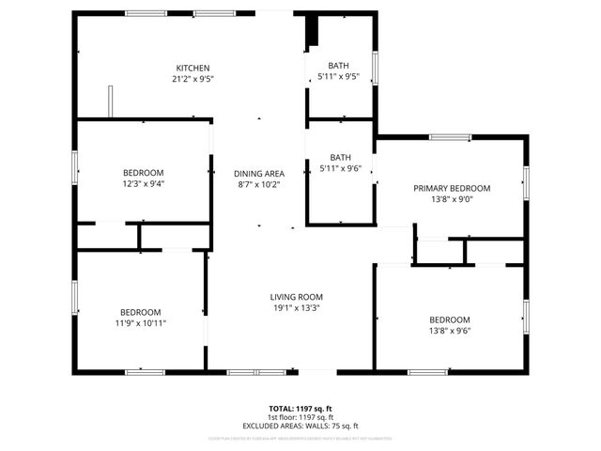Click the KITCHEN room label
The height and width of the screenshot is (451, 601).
pos(193,68)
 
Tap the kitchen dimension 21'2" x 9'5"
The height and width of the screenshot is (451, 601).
pos(193,80)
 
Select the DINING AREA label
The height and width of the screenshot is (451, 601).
pos(259,173)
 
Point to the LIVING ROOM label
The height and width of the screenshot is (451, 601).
pos(297,297)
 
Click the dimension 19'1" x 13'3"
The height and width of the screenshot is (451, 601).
pos(297,308)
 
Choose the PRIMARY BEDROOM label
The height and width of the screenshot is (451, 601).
pos(452,188)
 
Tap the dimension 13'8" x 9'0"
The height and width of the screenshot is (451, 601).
pos(452,199)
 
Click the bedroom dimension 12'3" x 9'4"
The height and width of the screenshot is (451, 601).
pos(144,184)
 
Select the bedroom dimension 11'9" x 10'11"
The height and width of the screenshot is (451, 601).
pos(140,323)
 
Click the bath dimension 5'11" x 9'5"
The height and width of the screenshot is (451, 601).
pos(339,77)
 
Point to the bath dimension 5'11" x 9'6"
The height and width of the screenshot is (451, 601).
pos(339,169)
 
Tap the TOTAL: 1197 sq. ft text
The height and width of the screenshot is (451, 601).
pos(300,409)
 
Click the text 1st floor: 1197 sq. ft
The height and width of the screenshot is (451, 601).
pos(300,417)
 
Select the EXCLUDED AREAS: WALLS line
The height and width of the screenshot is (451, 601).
pos(300,426)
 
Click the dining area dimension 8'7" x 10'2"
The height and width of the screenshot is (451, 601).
pos(259,184)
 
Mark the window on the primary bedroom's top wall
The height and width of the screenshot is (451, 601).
pos(451,138)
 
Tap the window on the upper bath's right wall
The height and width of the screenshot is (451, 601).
pos(375,67)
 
